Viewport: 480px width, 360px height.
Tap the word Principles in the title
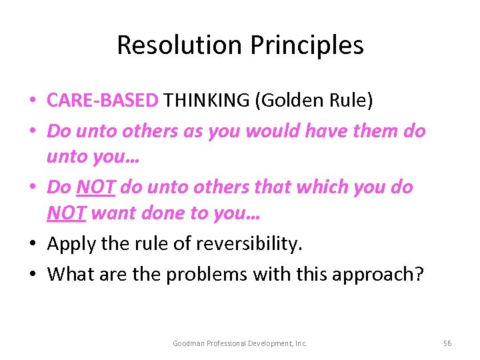pyautogui.click(x=307, y=45)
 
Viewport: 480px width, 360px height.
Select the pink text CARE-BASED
pyautogui.click(x=103, y=101)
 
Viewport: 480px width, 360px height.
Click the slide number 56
pyautogui.click(x=447, y=343)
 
